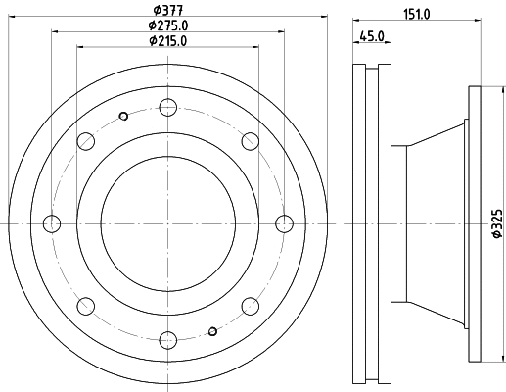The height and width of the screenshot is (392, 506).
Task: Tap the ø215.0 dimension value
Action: coord(167,41)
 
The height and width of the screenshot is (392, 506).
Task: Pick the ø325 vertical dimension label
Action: coord(495,225)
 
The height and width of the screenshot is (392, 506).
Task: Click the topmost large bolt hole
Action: coord(167,108)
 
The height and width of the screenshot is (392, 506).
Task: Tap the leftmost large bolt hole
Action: coord(52,223)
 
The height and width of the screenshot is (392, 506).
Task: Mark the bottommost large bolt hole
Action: coord(167,339)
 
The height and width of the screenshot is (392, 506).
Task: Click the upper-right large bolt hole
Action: coord(250,141)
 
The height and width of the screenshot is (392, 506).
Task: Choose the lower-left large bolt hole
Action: coord(86,306)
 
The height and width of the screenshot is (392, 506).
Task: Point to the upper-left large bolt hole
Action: coord(86,141)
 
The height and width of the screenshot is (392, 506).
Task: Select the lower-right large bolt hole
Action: coord(250,306)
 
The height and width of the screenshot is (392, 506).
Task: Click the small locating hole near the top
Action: coord(123,118)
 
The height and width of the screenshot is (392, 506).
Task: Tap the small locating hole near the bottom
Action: coord(212,330)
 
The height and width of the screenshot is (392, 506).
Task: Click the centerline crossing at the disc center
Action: coord(167,223)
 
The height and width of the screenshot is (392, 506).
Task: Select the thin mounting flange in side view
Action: coord(476,223)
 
